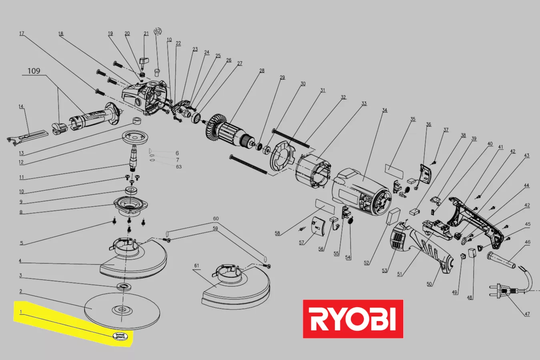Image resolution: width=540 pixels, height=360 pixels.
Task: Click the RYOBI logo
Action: coord(353,319)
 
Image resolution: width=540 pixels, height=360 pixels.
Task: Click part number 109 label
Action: coord(34,71)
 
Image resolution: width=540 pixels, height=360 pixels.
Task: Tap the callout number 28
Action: coord(262,71)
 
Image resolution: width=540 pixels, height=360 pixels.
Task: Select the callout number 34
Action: coord(385,110)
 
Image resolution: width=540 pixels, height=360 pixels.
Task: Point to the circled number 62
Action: coord(158,31)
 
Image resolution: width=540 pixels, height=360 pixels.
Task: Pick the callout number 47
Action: coord(527,314)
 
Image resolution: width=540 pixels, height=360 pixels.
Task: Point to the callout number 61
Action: coord(197,266)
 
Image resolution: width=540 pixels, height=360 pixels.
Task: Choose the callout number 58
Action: coord(277,233)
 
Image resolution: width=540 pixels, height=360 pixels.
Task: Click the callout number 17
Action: coord(22,34)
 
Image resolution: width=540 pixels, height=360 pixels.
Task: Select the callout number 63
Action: coord(179,167)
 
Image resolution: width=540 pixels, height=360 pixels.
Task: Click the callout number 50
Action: coord(429,284)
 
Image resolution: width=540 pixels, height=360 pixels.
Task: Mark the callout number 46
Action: coord(528,242)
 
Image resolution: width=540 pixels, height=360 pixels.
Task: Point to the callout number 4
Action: coord(20,261)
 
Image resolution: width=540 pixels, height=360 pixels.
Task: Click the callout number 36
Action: coord(428,124)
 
